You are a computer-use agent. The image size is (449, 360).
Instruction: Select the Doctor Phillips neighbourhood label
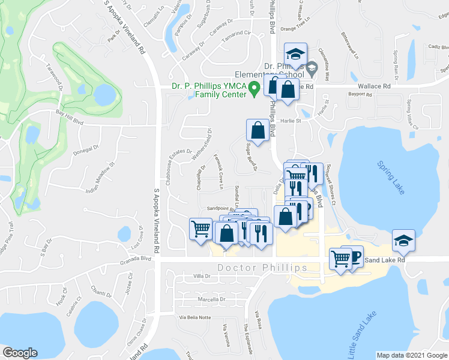262,268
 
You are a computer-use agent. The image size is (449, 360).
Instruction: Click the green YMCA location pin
255,89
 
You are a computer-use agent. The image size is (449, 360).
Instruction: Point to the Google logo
20,352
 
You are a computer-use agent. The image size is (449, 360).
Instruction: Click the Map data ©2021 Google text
412,355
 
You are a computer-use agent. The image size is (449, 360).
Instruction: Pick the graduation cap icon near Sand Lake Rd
401,241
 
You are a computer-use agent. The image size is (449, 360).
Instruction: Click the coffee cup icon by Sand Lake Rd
354,257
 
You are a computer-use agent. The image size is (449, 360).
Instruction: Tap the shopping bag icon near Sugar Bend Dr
258,130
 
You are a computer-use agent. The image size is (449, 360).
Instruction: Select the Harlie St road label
291,120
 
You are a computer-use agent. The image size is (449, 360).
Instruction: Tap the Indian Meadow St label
100,173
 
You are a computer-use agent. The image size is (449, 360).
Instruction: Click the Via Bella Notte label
196,317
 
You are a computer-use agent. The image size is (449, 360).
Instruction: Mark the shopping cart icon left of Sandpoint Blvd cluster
200,228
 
